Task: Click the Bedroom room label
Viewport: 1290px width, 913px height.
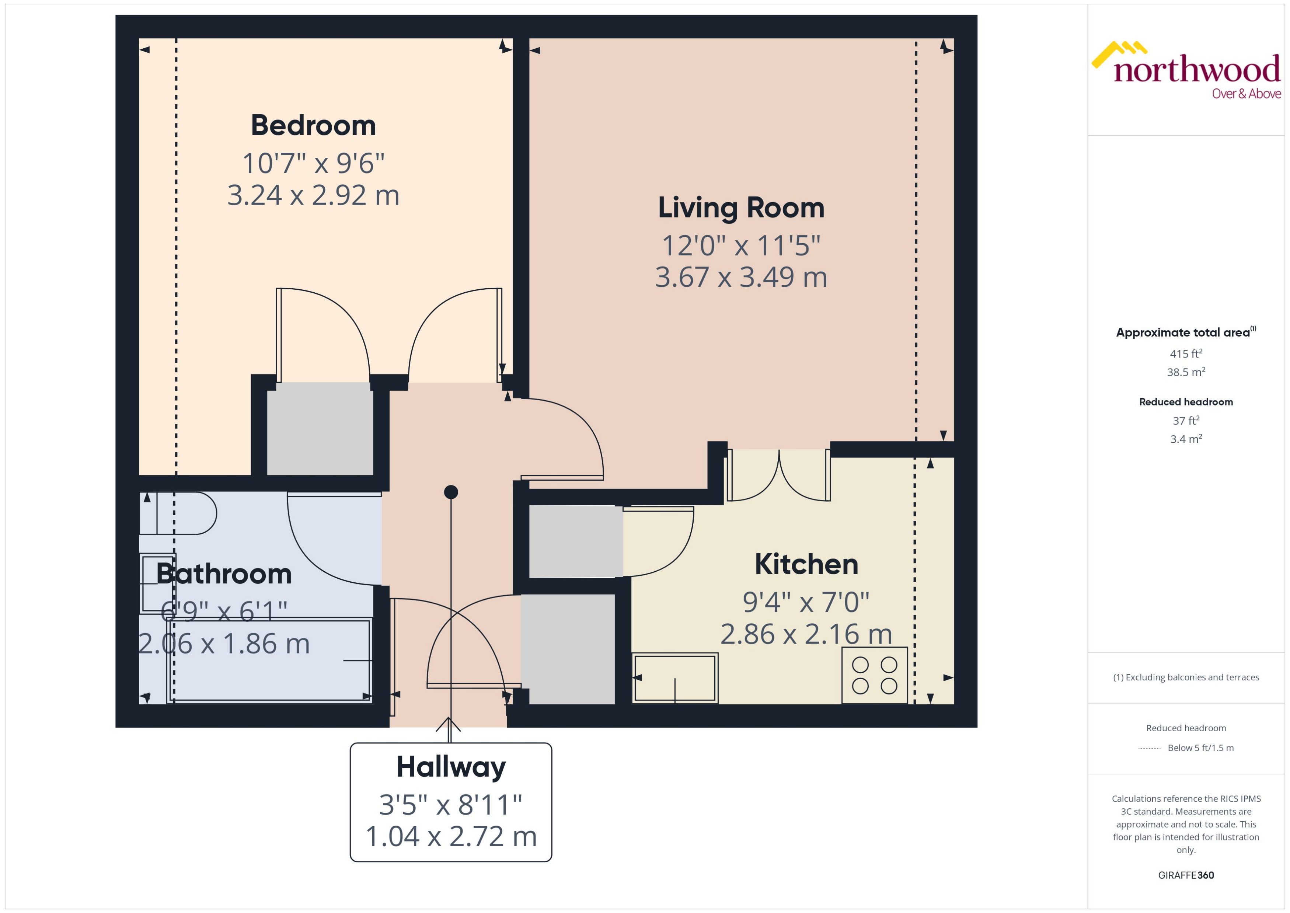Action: pyautogui.click(x=313, y=125)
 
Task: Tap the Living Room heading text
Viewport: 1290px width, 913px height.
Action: pyautogui.click(x=741, y=208)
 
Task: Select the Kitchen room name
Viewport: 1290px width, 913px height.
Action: pyautogui.click(x=806, y=564)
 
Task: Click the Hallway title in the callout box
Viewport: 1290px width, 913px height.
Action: pyautogui.click(x=451, y=767)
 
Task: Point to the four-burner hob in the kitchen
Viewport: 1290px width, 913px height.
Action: pyautogui.click(x=874, y=675)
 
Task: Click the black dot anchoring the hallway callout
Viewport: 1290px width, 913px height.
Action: pyautogui.click(x=451, y=492)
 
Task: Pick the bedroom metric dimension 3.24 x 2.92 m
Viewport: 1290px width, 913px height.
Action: pyautogui.click(x=313, y=195)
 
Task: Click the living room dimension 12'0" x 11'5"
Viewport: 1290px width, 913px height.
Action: pyautogui.click(x=741, y=246)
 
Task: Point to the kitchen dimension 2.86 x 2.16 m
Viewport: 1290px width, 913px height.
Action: pyautogui.click(x=806, y=634)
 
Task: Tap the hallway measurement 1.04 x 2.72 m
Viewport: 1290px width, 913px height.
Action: pyautogui.click(x=451, y=836)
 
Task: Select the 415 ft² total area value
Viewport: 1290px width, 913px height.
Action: pyautogui.click(x=1186, y=353)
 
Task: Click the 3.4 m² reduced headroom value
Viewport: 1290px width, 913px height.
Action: pyautogui.click(x=1186, y=439)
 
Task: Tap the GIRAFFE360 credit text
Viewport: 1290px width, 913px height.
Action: pyautogui.click(x=1186, y=875)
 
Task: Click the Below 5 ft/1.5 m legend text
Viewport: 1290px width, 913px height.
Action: pyautogui.click(x=1201, y=748)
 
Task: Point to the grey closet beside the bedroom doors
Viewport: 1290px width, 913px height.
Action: pyautogui.click(x=320, y=429)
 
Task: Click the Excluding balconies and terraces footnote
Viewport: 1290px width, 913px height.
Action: pyautogui.click(x=1186, y=677)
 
